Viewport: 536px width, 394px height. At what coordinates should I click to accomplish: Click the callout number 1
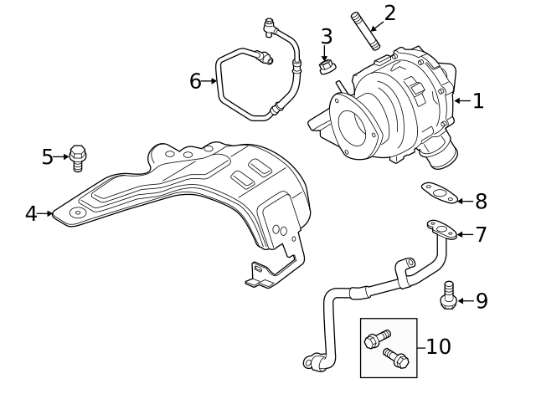tap(478, 101)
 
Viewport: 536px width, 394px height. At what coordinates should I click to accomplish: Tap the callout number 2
tap(389, 13)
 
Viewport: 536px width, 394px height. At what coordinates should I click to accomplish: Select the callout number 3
tap(326, 37)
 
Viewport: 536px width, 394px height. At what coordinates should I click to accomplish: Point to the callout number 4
tap(31, 213)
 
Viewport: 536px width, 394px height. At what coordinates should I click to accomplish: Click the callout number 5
tap(48, 156)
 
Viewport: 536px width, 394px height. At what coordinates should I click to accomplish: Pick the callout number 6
tap(196, 81)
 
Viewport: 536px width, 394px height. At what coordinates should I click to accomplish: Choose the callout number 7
tap(481, 234)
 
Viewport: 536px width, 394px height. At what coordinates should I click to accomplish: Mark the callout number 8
tap(481, 202)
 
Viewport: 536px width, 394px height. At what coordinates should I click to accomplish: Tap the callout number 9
tap(482, 301)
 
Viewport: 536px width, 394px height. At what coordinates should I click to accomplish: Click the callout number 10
tap(438, 346)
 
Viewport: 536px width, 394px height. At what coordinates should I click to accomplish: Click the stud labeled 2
tap(366, 30)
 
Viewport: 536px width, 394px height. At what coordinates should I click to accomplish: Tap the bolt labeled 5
tap(78, 156)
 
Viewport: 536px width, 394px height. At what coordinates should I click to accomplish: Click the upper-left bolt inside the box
tap(376, 339)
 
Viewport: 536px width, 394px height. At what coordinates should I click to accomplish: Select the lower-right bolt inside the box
tap(395, 358)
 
